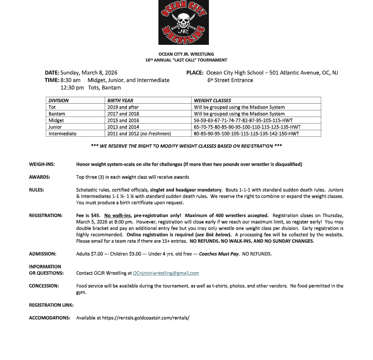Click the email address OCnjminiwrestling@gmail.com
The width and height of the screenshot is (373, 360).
coord(166,273)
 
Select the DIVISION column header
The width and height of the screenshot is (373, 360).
coord(58,100)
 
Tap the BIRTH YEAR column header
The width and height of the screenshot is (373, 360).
coord(121,100)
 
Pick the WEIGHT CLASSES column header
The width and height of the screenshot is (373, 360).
coord(212,100)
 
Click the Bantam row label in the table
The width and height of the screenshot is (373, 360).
coord(57,114)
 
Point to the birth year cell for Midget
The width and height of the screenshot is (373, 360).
coord(124,120)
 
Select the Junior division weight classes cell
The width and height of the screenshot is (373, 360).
coord(247,127)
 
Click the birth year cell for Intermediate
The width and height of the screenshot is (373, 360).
coord(139,134)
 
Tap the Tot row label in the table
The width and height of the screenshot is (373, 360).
coord(52,107)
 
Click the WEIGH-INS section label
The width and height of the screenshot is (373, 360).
coord(42,164)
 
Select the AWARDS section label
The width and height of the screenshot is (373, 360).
coord(40,177)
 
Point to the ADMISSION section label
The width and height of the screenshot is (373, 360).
coord(43,254)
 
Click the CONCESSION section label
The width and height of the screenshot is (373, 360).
coord(44,286)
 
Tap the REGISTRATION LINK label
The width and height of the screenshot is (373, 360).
coord(51,305)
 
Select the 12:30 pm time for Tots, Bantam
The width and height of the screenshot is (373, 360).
coord(72,87)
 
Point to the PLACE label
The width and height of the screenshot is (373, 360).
coord(195,73)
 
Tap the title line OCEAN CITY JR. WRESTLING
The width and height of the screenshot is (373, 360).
coord(186,54)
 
